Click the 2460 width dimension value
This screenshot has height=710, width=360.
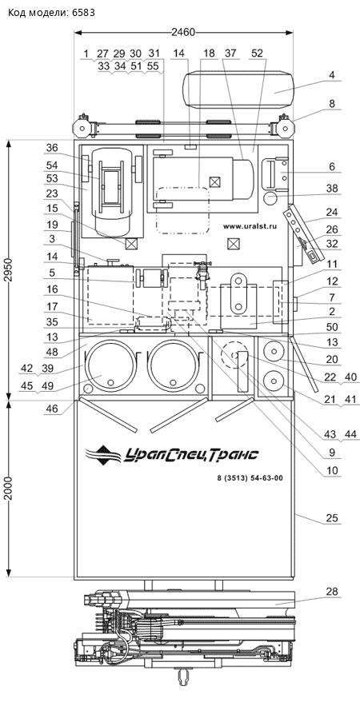(183, 32)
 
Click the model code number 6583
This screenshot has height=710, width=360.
(83, 13)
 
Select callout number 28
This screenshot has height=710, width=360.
(331, 592)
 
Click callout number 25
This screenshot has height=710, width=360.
(332, 518)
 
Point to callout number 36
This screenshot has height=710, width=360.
(52, 147)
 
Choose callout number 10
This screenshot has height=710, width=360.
(332, 471)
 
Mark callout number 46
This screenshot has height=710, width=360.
(52, 408)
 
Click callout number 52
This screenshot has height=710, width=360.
(257, 53)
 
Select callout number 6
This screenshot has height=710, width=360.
(332, 167)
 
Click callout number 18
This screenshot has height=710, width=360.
(209, 53)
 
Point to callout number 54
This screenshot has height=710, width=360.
(52, 166)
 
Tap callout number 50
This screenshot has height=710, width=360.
(332, 327)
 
